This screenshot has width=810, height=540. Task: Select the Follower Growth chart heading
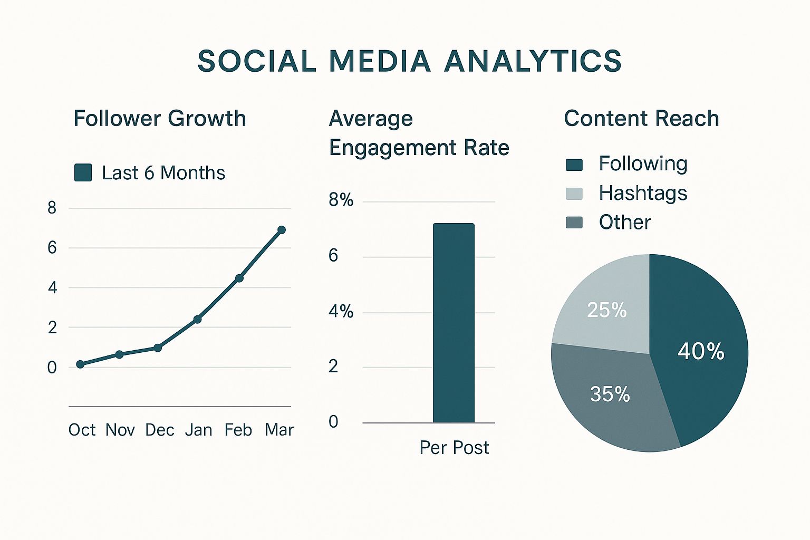point(159,119)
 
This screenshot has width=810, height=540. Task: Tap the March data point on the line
point(282,230)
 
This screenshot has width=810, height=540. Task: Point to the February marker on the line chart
point(239,278)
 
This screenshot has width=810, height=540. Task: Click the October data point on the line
point(80,364)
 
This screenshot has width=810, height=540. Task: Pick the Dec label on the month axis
point(159,430)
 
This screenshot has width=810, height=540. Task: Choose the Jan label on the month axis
point(198,430)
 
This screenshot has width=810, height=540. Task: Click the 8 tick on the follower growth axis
point(52,208)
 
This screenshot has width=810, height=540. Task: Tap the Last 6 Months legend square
point(83,172)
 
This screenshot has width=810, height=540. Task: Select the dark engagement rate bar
point(454,323)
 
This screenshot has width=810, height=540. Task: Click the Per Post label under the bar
point(454,448)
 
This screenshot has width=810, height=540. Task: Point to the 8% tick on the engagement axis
point(341,200)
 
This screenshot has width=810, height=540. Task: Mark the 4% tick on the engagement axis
point(341,311)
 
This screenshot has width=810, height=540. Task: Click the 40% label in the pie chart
point(701,351)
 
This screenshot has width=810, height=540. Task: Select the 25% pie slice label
point(607,310)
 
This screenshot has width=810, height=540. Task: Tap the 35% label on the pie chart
point(610,394)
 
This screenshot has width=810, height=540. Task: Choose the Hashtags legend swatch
point(574,194)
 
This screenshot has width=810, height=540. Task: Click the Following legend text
point(643,164)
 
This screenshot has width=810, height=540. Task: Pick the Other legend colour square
point(574,223)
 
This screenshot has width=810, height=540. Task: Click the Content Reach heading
point(641,119)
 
